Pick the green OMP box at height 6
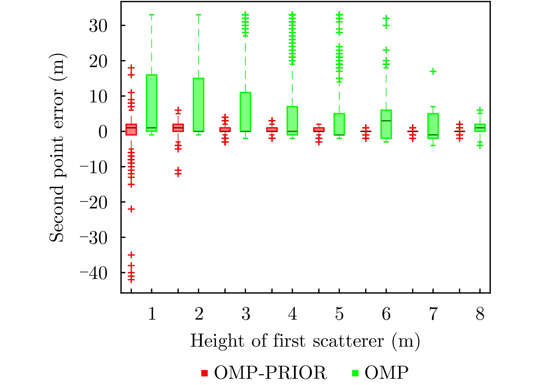click(386, 124)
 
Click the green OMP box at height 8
click(480, 128)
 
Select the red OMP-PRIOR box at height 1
click(131, 129)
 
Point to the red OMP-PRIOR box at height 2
click(178, 128)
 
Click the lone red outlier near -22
click(131, 209)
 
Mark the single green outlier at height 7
click(433, 71)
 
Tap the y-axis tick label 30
click(98, 26)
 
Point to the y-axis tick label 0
click(103, 132)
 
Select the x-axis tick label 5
click(339, 314)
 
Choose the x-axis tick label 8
click(480, 314)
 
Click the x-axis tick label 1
click(152, 314)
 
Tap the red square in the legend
click(204, 373)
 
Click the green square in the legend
click(355, 373)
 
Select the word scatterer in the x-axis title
click(348, 341)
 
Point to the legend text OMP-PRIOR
click(270, 372)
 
